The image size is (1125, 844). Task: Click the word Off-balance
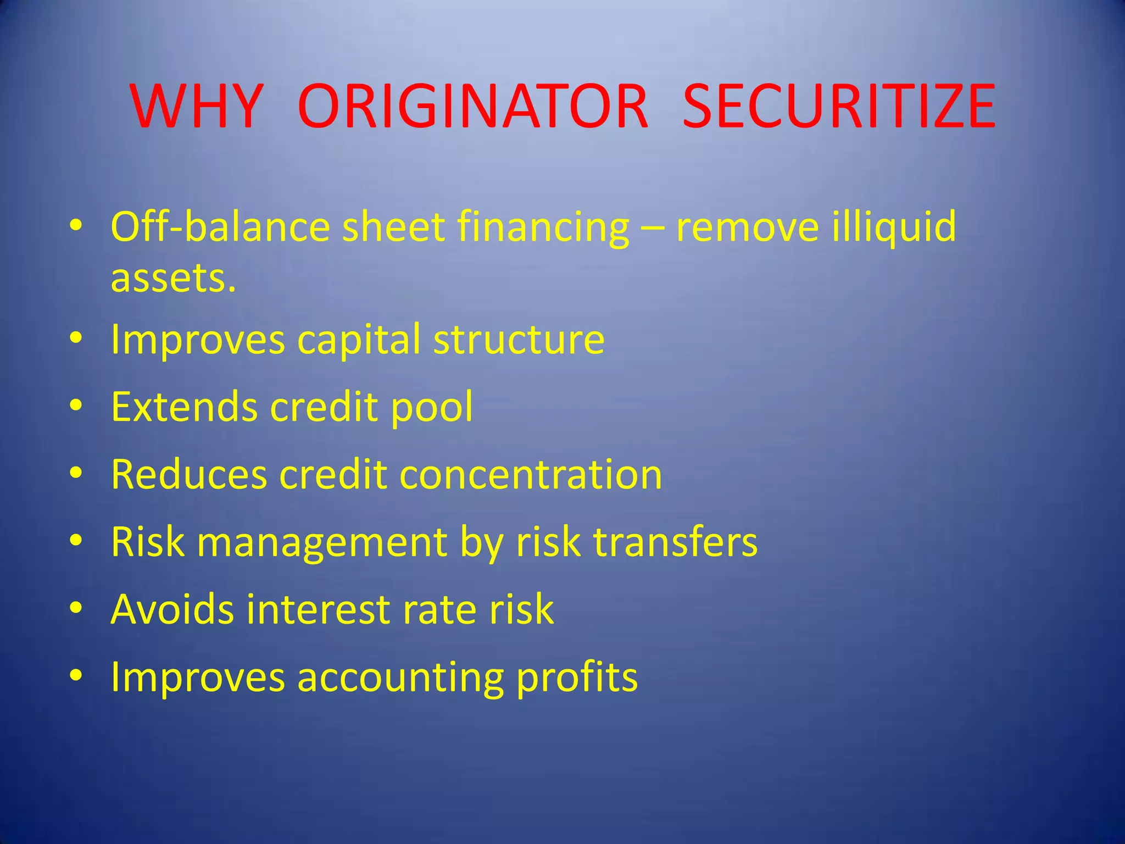click(220, 226)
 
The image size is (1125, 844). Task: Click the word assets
click(174, 278)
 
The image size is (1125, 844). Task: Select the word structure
click(519, 340)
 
